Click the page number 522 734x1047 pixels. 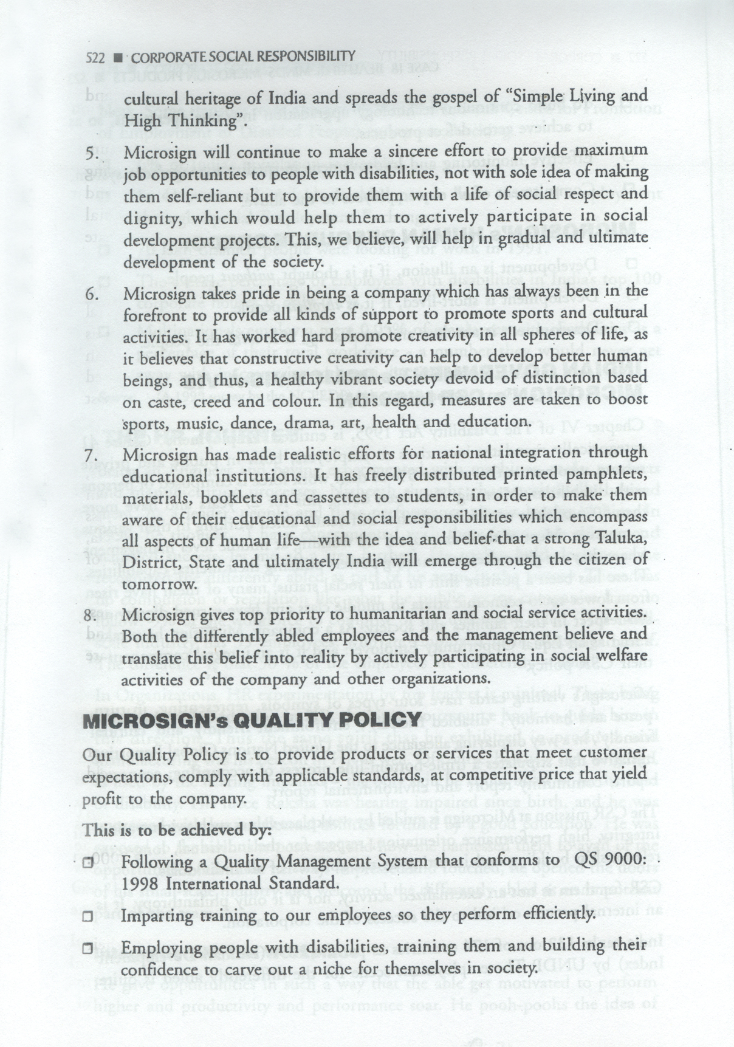[x=95, y=58]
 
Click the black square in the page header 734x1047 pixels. [x=118, y=58]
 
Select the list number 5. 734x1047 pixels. [x=92, y=153]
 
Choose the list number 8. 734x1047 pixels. [x=92, y=615]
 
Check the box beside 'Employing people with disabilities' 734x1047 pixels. [x=89, y=948]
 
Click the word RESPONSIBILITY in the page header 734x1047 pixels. [x=306, y=57]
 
